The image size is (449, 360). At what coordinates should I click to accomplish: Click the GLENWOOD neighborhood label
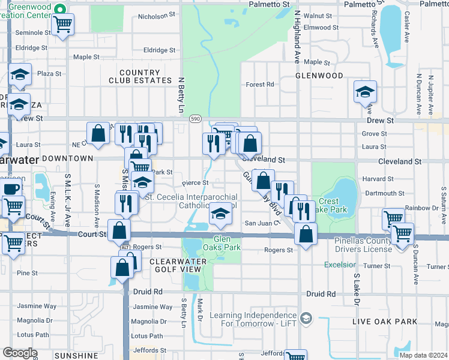point(319,76)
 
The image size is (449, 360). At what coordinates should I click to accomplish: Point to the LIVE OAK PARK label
point(384,322)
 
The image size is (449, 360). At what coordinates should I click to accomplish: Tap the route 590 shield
point(195,119)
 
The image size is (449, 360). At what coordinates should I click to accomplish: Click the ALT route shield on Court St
point(125,247)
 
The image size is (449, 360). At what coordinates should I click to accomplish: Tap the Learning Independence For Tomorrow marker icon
point(307,317)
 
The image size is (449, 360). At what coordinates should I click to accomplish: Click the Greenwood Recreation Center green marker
point(59,9)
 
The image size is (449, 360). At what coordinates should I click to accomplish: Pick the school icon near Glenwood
point(364,92)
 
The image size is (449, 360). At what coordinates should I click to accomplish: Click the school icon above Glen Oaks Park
point(220,214)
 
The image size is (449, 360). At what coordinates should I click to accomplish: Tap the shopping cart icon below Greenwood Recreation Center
point(62,25)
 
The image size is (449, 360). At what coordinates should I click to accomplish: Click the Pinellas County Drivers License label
point(372,245)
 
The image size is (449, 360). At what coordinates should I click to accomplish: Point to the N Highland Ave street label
point(297,42)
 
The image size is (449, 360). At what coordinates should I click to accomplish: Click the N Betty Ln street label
point(180,95)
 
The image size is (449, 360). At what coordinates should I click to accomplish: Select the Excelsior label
point(340,265)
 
